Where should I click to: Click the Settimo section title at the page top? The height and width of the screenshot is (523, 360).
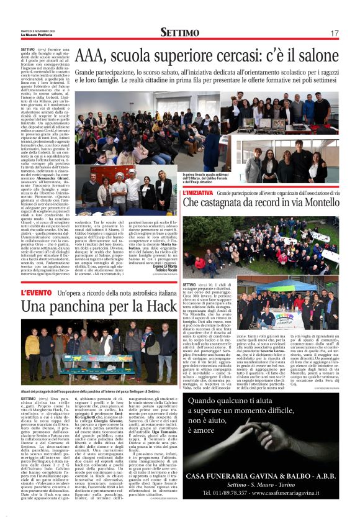click(180, 32)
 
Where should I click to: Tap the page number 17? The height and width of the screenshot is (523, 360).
click(334, 33)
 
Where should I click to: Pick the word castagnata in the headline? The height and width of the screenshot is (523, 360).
click(236, 203)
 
